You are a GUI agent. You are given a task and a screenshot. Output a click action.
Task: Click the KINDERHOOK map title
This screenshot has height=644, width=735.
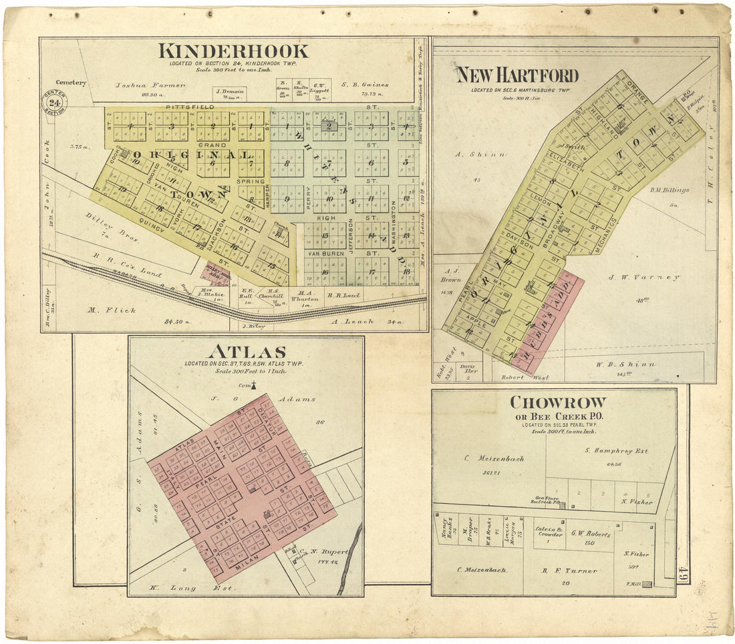tap(233, 51)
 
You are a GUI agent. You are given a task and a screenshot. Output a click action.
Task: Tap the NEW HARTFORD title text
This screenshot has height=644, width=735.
tap(517, 75)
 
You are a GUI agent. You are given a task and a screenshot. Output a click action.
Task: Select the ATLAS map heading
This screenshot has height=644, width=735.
tap(247, 352)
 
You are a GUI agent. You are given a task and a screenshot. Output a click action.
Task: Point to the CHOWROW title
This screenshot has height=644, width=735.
tap(558, 402)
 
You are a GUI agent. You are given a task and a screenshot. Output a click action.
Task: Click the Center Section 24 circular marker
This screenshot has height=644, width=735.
tap(53, 102)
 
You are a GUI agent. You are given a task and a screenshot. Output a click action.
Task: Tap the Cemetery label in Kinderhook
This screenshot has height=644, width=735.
tap(71, 83)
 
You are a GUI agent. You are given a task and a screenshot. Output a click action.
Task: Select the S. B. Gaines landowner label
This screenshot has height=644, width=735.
tap(364, 85)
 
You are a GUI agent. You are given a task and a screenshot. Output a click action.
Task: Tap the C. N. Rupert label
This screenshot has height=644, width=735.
tap(315, 552)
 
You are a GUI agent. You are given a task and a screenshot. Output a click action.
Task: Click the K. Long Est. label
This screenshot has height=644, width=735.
tap(187, 588)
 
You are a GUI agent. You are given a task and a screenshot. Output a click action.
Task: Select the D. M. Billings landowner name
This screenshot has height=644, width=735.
tap(669, 190)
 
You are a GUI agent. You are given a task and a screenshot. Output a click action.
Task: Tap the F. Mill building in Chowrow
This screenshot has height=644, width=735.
tap(646, 583)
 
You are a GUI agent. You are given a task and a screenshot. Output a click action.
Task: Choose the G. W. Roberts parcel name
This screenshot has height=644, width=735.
tap(591, 534)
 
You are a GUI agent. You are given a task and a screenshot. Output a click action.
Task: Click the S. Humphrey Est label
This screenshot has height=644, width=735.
tap(616, 451)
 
